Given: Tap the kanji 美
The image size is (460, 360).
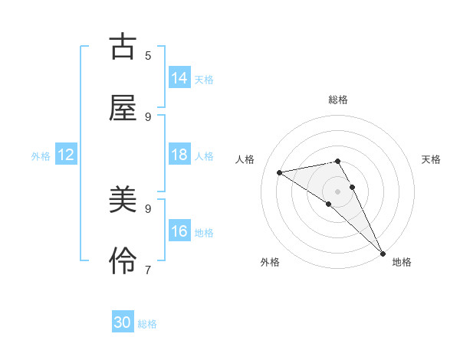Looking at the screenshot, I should [123, 201].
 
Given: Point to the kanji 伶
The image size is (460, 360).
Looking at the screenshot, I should [123, 262].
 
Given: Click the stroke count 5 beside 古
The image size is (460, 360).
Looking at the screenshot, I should [148, 55].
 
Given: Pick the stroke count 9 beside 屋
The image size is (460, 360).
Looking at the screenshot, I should [148, 116].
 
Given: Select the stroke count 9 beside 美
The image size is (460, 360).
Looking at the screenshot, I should [148, 208].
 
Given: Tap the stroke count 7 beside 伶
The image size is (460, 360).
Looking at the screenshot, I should [148, 270].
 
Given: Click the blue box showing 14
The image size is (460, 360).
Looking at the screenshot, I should [179, 78].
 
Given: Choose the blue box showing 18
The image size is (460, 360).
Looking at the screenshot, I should [179, 155].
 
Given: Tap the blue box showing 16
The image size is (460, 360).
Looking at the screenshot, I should [179, 231].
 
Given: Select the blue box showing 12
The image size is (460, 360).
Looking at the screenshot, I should [66, 155].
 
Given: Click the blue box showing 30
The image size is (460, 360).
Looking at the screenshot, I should [123, 322].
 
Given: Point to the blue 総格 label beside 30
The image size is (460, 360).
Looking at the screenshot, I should [147, 324].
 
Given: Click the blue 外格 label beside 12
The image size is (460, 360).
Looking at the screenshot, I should [41, 156].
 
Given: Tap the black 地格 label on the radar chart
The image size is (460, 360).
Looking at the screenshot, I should [402, 262].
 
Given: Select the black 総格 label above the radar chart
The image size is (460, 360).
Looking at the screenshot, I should [338, 100].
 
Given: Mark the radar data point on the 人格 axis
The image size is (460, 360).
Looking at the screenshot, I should [280, 172].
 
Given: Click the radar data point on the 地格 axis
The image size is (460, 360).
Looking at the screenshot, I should [383, 253].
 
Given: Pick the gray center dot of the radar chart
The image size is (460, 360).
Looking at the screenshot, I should [338, 191].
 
